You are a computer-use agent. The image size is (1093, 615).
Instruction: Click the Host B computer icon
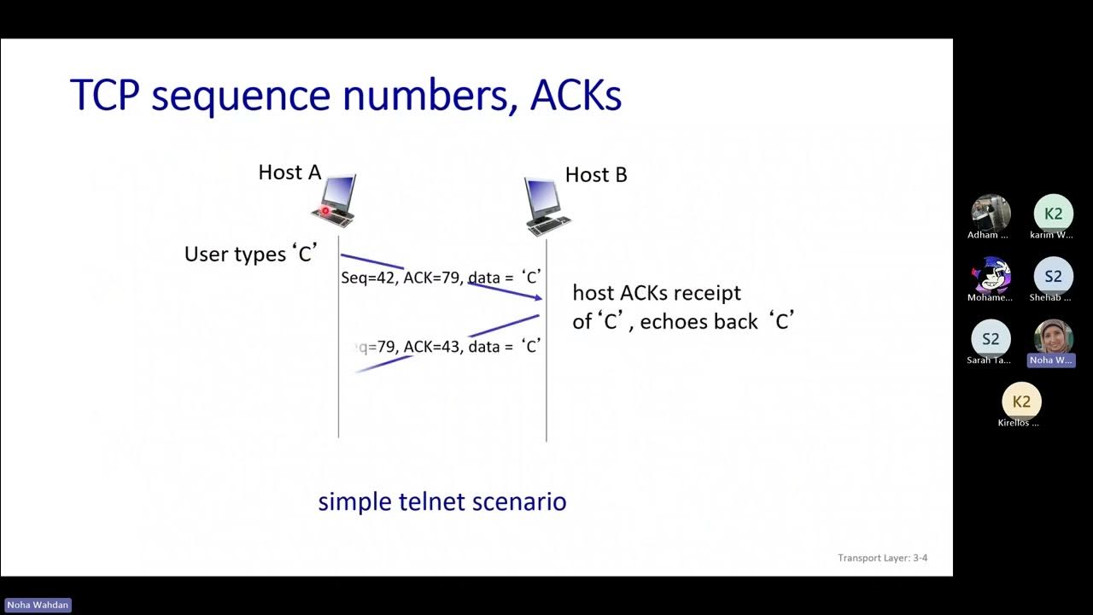coord(547,206)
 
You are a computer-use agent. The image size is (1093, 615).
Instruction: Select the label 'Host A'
coord(289,173)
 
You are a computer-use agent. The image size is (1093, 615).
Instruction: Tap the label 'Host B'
coord(596,175)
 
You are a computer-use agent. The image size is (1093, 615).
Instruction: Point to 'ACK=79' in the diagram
coord(432,278)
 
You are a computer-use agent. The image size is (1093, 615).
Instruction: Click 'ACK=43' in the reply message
coord(432,347)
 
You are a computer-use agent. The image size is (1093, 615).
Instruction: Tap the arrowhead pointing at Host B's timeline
coord(538,297)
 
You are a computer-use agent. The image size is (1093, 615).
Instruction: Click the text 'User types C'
coord(251,255)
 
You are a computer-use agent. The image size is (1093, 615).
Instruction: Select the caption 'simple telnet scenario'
coord(441,501)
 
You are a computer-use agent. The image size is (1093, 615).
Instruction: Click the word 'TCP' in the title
coord(104,95)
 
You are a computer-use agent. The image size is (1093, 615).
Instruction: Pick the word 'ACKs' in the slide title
coord(576,95)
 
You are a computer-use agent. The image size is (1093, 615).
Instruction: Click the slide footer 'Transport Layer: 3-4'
coord(882,559)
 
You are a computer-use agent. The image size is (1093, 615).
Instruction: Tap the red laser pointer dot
coord(325,211)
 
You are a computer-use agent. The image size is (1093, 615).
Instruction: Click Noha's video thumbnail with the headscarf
coord(1053,337)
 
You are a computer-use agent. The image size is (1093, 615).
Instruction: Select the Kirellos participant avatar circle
coord(1021,401)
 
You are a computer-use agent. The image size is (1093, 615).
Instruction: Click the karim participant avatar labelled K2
coord(1053,214)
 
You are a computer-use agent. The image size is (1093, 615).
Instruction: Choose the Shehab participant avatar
coord(1053,276)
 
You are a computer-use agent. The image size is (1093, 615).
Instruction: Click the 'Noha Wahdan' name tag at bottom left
coord(38,605)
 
